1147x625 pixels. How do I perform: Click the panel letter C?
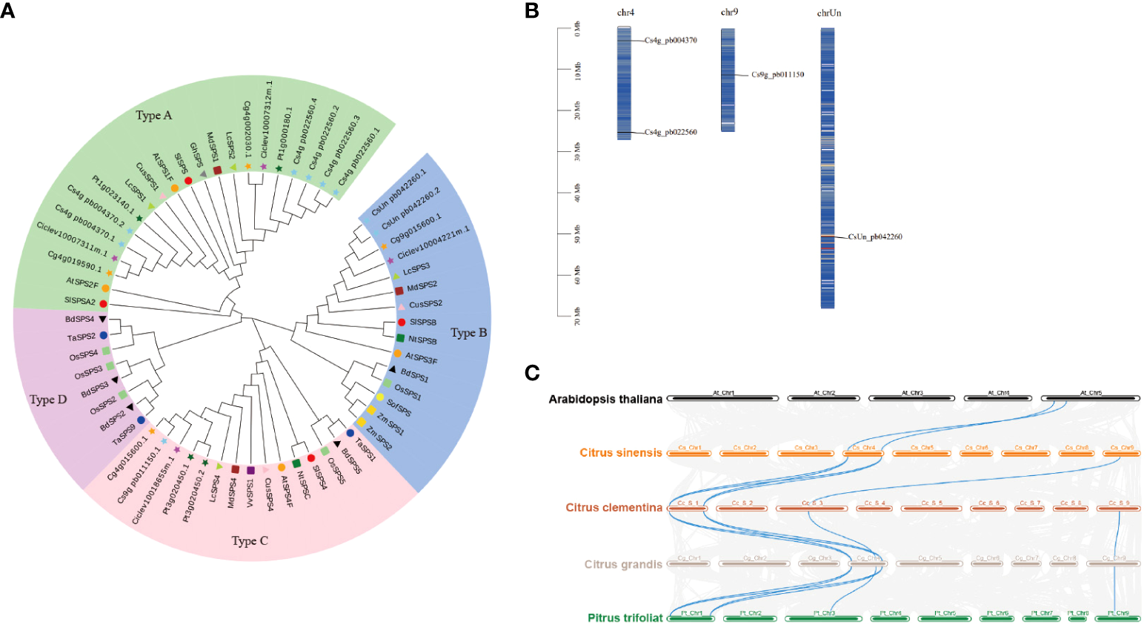click(x=531, y=372)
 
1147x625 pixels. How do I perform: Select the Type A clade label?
click(x=153, y=116)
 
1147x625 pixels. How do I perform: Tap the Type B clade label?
click(x=468, y=333)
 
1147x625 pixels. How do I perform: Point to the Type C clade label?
click(x=249, y=541)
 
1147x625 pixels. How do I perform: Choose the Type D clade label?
click(x=48, y=400)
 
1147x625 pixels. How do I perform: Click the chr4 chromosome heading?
click(x=625, y=13)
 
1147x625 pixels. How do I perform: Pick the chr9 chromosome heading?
click(x=729, y=13)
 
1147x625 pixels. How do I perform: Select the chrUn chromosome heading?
click(x=829, y=13)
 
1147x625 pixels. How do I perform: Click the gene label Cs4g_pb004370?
click(x=671, y=40)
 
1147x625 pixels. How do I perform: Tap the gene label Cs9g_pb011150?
click(x=777, y=75)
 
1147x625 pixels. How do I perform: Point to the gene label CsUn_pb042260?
click(x=875, y=237)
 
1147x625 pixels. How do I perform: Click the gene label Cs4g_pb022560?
click(x=671, y=132)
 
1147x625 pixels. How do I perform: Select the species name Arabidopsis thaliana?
click(x=605, y=399)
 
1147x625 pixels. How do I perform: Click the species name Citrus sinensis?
click(x=621, y=453)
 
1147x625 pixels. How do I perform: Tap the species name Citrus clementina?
click(x=614, y=508)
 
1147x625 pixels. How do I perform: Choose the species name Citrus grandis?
click(x=623, y=564)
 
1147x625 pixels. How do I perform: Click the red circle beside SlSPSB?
click(x=402, y=322)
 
